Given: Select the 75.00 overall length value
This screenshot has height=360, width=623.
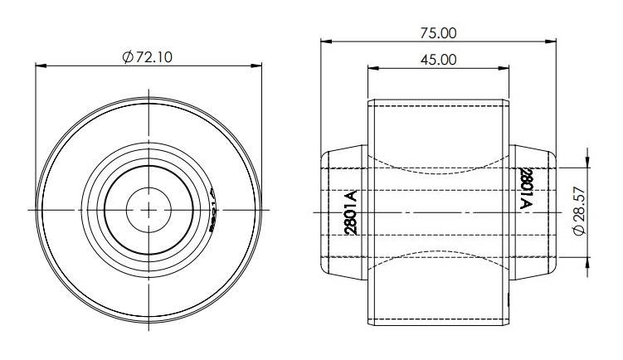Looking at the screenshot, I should coord(439,33).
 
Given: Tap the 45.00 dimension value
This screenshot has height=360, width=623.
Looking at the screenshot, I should coord(439,59).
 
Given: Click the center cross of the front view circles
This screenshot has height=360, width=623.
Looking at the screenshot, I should coord(148,210).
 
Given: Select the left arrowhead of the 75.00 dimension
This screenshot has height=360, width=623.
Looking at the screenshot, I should coord(325,42).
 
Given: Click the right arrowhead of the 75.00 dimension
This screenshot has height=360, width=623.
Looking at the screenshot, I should coord(552,42).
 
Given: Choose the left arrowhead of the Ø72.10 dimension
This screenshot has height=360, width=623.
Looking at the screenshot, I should coord(39,66).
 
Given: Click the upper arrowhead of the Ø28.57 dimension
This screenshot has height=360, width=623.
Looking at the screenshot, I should coord(587,163).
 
